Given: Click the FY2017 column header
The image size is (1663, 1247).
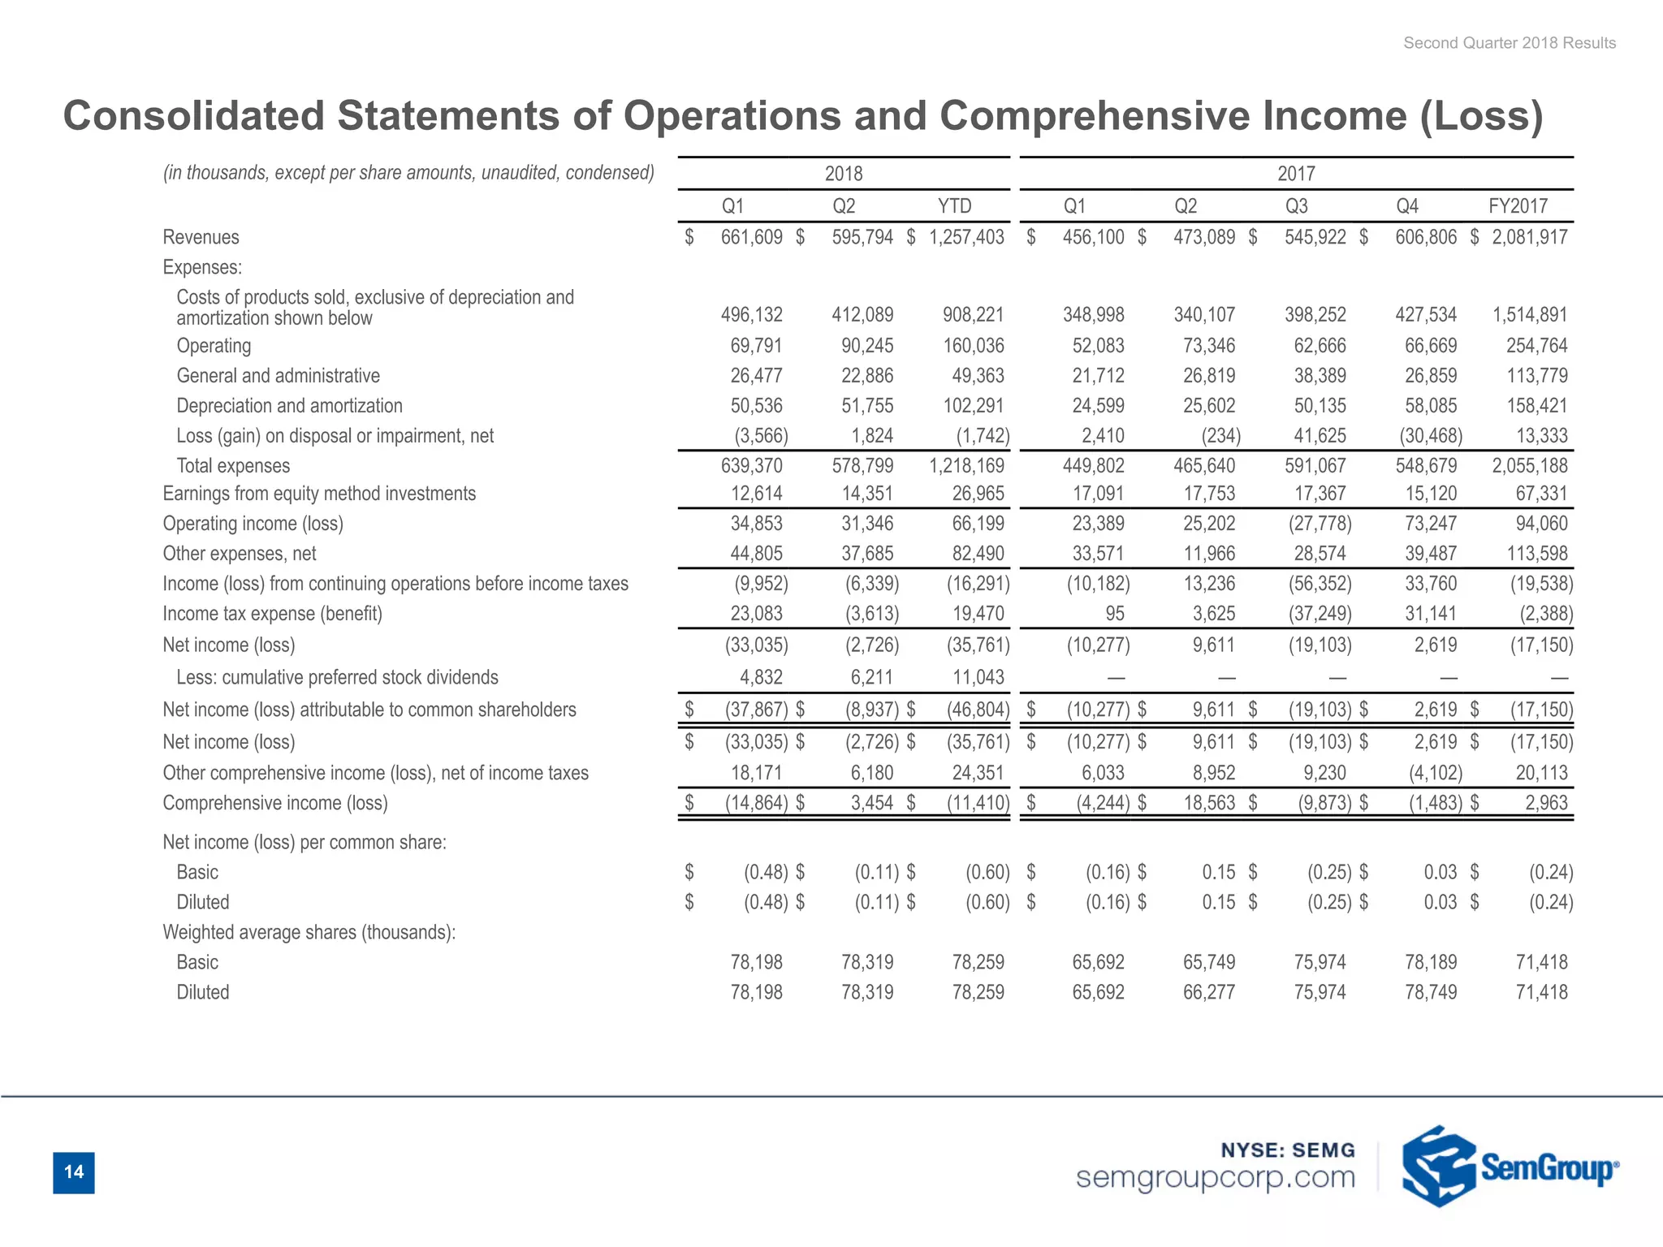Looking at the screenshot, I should click(x=1518, y=206).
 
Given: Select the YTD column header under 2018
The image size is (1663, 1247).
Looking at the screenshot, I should click(x=954, y=206).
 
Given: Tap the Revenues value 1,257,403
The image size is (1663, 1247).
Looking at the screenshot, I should click(x=966, y=237).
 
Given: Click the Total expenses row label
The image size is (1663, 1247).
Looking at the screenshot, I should click(x=233, y=466).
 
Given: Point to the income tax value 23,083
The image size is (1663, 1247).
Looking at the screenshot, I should click(x=756, y=614).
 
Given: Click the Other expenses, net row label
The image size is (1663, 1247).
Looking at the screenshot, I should click(x=240, y=554).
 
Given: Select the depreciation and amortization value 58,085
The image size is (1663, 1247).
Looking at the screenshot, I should click(x=1431, y=406).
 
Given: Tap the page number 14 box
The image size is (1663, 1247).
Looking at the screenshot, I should click(x=74, y=1172).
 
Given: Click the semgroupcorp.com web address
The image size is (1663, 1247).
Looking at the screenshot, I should click(x=1216, y=1177).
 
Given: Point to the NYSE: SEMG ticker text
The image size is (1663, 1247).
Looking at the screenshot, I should click(x=1288, y=1150).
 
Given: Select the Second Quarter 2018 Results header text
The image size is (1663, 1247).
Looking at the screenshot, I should click(x=1510, y=43).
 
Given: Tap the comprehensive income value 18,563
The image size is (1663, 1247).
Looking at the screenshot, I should click(x=1209, y=803).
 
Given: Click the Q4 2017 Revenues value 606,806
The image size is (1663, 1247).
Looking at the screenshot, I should click(x=1426, y=237).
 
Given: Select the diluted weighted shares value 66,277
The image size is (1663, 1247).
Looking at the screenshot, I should click(x=1209, y=992).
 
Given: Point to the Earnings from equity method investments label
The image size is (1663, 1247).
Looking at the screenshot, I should click(x=319, y=494).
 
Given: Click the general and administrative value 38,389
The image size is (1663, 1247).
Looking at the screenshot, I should click(x=1320, y=376).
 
